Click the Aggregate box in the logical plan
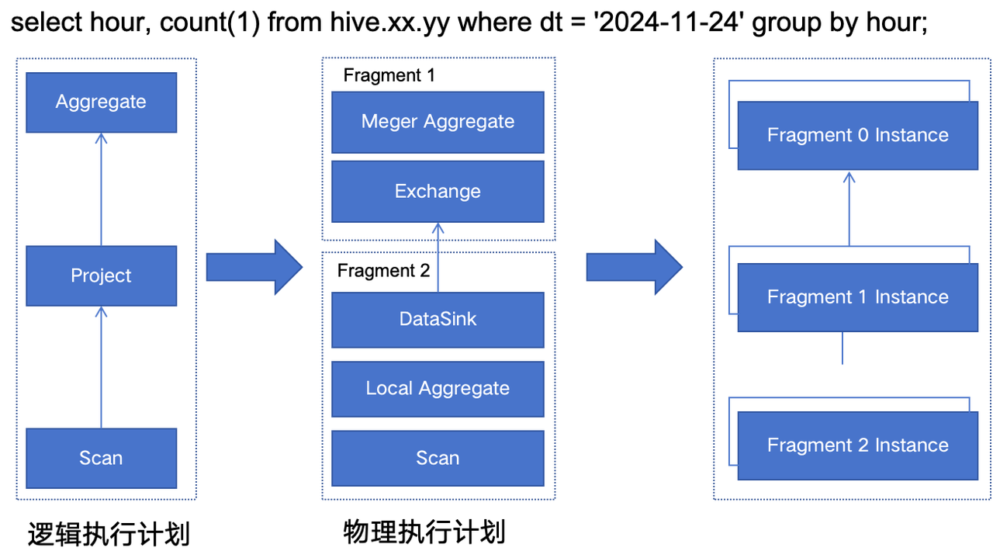point(101,102)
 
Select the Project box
point(101,276)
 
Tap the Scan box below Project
point(101,458)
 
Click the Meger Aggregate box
point(438,122)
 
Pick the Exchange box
point(438,191)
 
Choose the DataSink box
point(438,320)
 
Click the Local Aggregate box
point(438,389)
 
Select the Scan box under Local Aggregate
point(438,458)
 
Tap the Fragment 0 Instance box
point(858,135)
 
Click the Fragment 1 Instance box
point(858,297)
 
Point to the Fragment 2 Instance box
point(858,445)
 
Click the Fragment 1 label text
point(389,75)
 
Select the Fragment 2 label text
point(383,271)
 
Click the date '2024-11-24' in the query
point(669,23)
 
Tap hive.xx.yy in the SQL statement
point(389,23)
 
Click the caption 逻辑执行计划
point(109,534)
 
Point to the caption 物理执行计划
point(424,532)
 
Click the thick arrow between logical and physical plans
point(254,267)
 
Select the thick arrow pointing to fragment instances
point(635,267)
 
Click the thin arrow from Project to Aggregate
point(101,189)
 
